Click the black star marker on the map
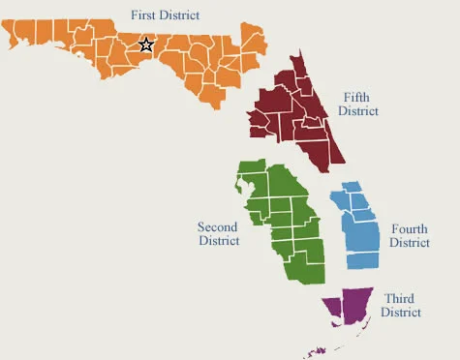[x=146, y=45]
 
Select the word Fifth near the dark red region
[x=356, y=97]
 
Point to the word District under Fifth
[x=357, y=111]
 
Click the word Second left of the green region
[x=218, y=226]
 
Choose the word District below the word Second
[x=219, y=241]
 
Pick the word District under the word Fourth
[x=410, y=243]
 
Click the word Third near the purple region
[x=399, y=298]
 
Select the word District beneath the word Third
[x=400, y=313]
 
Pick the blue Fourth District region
[x=361, y=232]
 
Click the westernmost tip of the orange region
[x=7, y=29]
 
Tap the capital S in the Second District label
[x=200, y=226]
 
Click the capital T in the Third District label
[x=387, y=298]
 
